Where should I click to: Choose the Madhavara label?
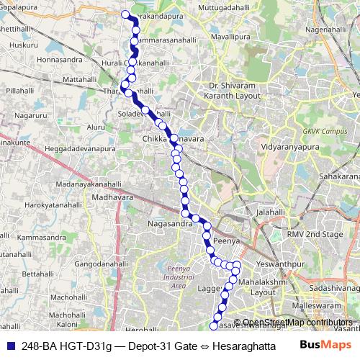click(x=113, y=195)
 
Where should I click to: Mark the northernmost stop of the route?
click(x=125, y=14)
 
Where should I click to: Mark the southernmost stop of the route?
click(x=213, y=326)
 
